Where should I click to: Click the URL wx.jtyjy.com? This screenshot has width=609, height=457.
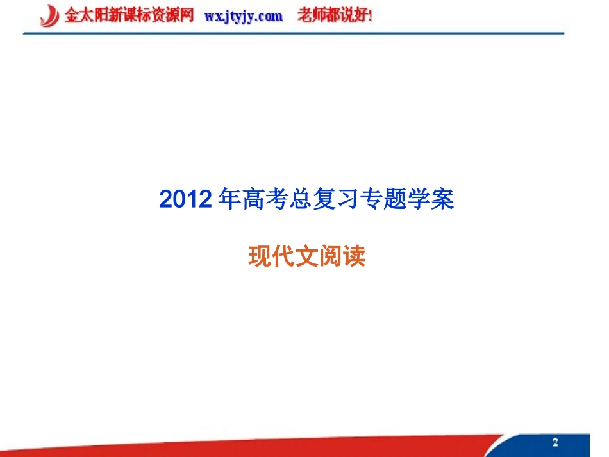pos(244,17)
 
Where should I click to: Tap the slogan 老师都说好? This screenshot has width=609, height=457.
pos(334,16)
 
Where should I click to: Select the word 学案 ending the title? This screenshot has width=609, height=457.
pos(433,201)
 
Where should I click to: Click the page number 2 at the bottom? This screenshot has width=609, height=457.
pos(555,442)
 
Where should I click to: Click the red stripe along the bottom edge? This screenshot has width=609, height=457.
pos(256,449)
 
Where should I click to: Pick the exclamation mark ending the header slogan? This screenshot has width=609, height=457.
pos(370,16)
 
